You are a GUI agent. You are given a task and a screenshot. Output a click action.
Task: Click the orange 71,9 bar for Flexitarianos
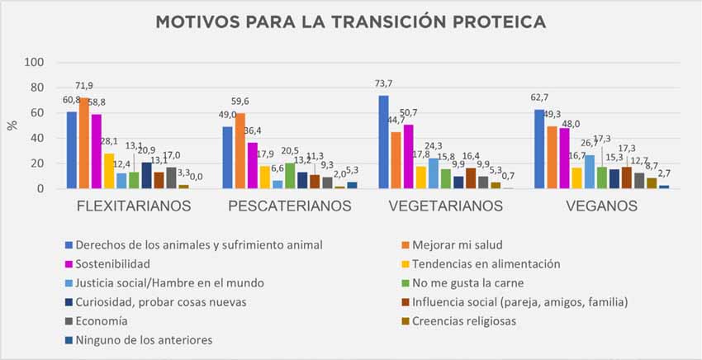click(84, 144)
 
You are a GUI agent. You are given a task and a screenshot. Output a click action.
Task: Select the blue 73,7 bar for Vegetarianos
click(383, 142)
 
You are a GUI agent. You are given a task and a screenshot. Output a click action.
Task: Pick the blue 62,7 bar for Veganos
click(539, 149)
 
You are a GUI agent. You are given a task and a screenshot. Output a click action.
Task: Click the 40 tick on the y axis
click(37, 139)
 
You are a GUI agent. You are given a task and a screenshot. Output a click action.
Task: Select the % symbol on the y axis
click(12, 125)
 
